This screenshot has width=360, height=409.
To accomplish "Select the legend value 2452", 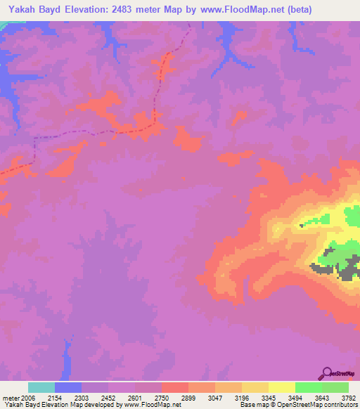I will [108, 397].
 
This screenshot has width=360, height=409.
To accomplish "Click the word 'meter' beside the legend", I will [11, 397].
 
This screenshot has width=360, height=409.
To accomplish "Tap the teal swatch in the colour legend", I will [41, 387].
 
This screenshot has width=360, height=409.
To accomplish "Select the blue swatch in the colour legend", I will [68, 387].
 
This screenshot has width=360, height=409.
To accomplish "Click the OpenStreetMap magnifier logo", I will [326, 373].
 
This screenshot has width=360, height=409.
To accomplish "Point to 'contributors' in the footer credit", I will [340, 405].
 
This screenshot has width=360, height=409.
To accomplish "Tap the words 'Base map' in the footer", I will [250, 405].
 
